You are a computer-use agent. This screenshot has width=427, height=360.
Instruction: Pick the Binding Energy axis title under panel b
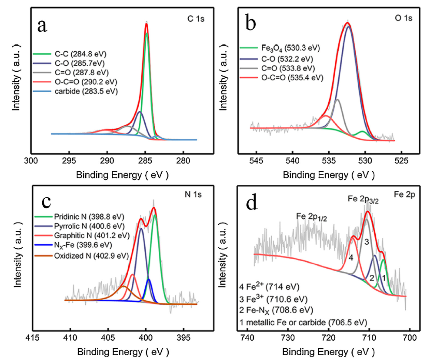(328, 175)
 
